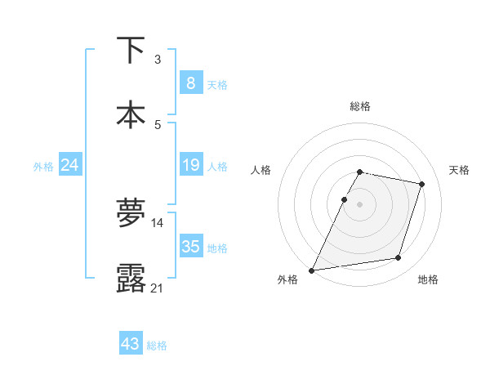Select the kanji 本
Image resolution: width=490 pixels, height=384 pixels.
click(x=131, y=115)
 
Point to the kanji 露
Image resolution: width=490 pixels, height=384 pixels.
click(x=131, y=278)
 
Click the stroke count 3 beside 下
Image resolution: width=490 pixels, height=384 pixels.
click(x=158, y=59)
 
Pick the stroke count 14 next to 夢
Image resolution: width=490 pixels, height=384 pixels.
click(x=158, y=222)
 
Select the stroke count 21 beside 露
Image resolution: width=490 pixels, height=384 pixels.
click(x=157, y=287)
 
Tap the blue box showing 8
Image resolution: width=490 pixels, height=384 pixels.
click(x=190, y=83)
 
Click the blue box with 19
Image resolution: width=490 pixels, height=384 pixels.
click(x=190, y=165)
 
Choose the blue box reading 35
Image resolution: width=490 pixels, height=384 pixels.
click(x=190, y=246)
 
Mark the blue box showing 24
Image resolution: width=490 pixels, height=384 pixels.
click(x=69, y=165)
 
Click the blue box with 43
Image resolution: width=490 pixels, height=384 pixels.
click(x=131, y=344)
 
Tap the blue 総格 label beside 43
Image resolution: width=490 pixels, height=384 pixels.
click(x=157, y=346)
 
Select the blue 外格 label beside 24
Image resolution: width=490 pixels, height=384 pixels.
click(x=43, y=167)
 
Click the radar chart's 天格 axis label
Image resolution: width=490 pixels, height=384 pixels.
click(x=460, y=170)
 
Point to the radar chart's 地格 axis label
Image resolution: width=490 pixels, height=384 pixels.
click(x=428, y=279)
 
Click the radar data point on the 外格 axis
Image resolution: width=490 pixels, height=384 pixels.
click(x=312, y=270)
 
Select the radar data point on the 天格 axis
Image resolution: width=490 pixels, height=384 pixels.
click(x=422, y=184)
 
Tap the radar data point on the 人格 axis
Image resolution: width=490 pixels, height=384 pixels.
click(x=345, y=199)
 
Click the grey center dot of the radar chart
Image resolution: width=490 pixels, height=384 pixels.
click(x=359, y=204)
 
